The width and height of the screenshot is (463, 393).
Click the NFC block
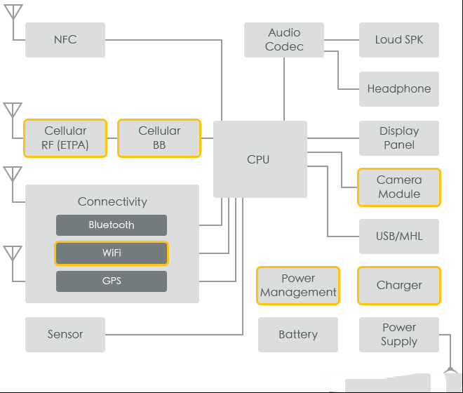65,40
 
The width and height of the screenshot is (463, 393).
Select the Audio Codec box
284,40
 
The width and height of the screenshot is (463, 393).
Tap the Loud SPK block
399,40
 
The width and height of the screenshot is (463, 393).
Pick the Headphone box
399,89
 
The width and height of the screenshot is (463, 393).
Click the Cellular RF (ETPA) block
65,138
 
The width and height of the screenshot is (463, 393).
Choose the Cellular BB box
159,138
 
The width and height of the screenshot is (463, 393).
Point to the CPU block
260,159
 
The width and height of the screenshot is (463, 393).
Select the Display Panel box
399,138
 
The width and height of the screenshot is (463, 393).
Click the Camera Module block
399,187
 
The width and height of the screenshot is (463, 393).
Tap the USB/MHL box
399,237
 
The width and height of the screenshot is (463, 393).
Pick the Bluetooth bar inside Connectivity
112,225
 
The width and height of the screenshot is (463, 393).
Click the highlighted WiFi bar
112,253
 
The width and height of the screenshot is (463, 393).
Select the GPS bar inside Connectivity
112,281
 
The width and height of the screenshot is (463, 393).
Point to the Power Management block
298,286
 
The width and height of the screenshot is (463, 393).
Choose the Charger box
399,286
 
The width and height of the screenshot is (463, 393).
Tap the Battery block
298,335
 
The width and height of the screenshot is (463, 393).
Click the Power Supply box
399,335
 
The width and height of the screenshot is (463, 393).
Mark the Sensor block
65,335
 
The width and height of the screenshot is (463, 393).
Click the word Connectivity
112,202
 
